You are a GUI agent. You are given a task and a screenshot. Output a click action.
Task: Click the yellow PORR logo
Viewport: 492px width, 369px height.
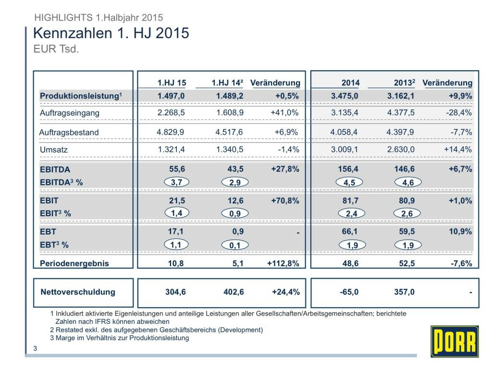(x=455, y=341)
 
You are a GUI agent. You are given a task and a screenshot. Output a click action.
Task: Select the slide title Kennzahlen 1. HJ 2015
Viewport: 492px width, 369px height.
(x=111, y=33)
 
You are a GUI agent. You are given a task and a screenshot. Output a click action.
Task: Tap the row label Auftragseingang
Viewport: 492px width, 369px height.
(x=70, y=113)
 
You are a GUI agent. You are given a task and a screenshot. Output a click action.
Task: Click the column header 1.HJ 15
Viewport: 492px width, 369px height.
(x=172, y=83)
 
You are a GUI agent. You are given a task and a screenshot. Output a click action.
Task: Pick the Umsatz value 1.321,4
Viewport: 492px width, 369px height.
(x=172, y=149)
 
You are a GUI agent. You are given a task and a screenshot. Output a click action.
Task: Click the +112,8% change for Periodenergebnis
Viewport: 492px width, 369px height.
(x=283, y=263)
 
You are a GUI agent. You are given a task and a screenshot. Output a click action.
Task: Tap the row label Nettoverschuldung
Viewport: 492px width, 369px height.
(x=78, y=292)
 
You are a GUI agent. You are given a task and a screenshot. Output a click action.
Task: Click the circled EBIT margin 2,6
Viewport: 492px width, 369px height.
(x=407, y=213)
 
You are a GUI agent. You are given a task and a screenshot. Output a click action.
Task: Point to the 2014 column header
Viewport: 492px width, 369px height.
(x=350, y=83)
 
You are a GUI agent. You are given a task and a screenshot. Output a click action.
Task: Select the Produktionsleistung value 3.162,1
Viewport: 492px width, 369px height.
(x=401, y=96)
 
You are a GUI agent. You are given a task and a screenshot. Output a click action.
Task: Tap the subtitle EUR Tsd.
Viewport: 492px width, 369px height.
(x=55, y=49)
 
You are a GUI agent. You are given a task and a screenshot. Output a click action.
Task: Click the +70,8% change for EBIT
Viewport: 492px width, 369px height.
(x=285, y=200)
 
